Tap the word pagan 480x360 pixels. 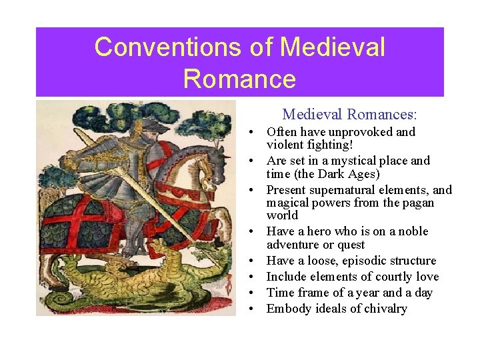pos(416,203)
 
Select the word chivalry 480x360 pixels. pos(382,309)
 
